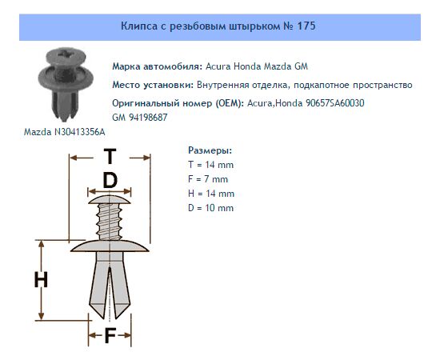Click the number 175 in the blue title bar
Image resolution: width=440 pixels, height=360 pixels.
coord(306,26)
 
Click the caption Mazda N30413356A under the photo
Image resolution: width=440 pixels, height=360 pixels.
coord(65,132)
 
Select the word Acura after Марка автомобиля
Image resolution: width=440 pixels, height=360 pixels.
coord(218,66)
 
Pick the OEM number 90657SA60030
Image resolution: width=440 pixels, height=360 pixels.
coord(334,103)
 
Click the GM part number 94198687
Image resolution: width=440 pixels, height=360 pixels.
coord(148,118)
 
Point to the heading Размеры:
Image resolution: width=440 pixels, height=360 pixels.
coord(210,150)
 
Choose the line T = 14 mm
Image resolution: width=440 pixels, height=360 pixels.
coord(210,165)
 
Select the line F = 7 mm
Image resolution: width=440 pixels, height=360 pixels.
coord(208,179)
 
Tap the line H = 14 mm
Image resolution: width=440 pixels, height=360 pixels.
coord(211,194)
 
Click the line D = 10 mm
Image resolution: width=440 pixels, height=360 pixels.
coord(210,208)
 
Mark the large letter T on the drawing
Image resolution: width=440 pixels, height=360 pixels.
coord(110,156)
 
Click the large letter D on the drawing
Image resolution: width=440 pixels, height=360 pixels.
coord(110,180)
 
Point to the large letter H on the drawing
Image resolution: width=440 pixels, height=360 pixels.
coord(41,280)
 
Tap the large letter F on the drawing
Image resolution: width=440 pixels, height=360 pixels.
coord(110,335)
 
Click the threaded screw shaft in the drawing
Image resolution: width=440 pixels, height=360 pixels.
coord(109,222)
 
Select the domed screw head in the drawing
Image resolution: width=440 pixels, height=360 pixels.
coord(109,199)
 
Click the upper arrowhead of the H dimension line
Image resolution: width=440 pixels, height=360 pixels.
coord(42,244)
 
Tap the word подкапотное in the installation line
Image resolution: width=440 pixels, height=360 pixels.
coord(322,85)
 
